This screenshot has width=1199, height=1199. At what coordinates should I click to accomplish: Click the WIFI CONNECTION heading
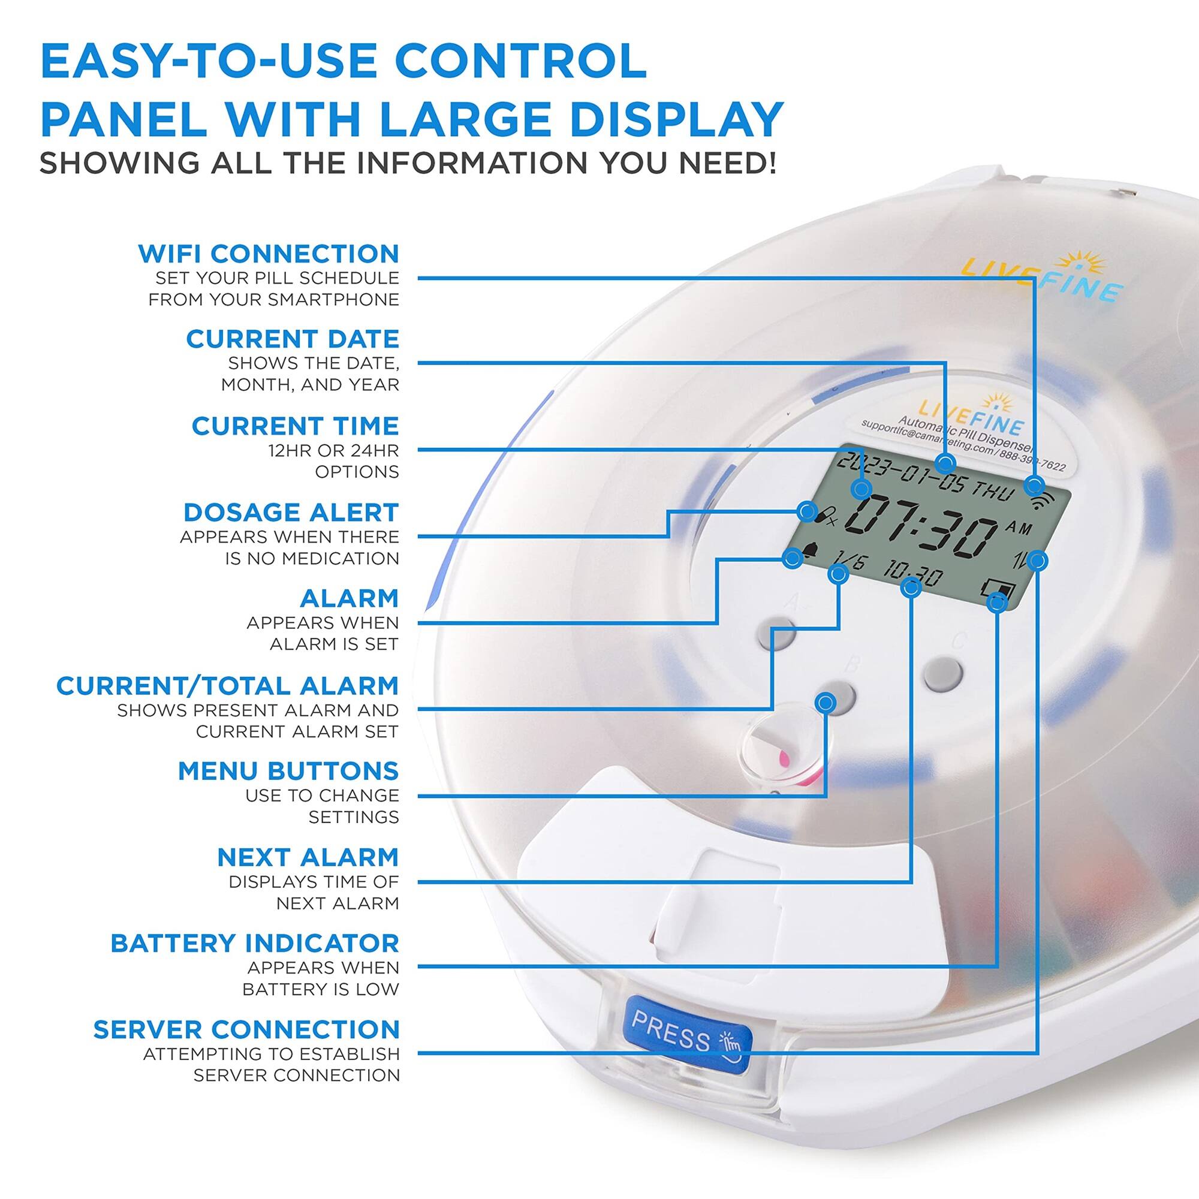[268, 254]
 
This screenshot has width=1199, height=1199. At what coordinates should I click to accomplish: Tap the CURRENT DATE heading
[293, 339]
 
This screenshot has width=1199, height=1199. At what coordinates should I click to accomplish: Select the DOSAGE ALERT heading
[291, 513]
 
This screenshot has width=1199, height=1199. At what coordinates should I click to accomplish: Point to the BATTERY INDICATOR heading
[254, 943]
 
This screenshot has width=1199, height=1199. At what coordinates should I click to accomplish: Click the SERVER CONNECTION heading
[246, 1029]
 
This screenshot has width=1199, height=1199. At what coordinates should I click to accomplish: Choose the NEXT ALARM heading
[308, 858]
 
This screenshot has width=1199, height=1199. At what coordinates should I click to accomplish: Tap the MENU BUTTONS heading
[288, 772]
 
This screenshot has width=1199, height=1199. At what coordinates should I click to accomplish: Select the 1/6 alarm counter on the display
[848, 564]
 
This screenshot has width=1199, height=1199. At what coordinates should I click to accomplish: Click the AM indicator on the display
[1018, 528]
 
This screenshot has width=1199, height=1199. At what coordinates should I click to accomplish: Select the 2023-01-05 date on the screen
[899, 475]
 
